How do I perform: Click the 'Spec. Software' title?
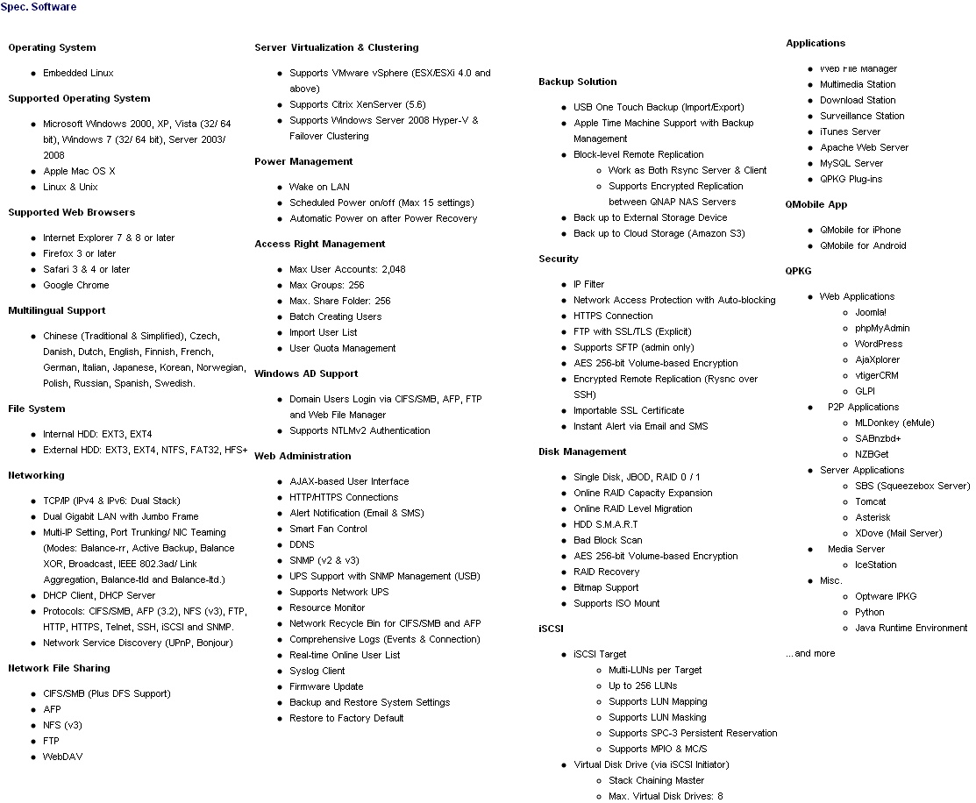tap(38, 7)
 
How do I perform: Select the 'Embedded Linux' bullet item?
tap(78, 73)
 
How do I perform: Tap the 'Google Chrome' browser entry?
tap(76, 285)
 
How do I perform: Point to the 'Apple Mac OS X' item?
tap(79, 171)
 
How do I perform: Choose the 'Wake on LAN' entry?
tap(319, 187)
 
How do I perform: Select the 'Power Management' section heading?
tap(303, 161)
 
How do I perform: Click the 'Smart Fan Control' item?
tap(328, 529)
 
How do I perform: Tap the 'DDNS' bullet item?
tap(303, 544)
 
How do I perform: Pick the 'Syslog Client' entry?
tap(317, 671)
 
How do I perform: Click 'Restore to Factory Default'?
tap(346, 718)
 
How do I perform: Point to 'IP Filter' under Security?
tap(588, 284)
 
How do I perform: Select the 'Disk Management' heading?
tap(582, 451)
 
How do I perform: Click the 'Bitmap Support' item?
tap(606, 587)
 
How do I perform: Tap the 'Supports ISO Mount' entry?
tap(616, 603)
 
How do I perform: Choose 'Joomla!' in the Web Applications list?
tap(870, 312)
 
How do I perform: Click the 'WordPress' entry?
tap(878, 344)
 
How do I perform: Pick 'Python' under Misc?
tap(869, 612)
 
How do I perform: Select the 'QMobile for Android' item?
tap(863, 245)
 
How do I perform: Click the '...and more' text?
tap(810, 653)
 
